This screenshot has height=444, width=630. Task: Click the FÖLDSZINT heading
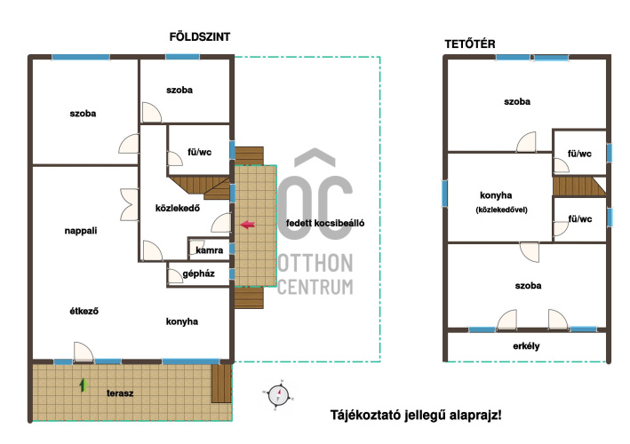(x=200, y=37)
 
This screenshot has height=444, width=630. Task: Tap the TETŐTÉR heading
(x=470, y=44)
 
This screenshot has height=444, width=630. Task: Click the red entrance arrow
(x=248, y=225)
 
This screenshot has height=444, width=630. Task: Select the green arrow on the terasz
(x=84, y=385)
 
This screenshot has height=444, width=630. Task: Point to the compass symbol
(x=278, y=395)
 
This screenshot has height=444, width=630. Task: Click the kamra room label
(x=210, y=250)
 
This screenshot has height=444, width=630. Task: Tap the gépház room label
(x=198, y=274)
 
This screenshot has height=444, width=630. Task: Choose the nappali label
(x=81, y=231)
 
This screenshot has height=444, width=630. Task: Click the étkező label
(x=84, y=311)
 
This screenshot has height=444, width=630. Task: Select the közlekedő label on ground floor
(x=178, y=208)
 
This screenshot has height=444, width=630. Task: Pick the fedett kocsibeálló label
(x=325, y=223)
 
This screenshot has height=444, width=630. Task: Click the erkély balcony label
(x=526, y=346)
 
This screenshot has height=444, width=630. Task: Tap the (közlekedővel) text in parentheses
(x=501, y=210)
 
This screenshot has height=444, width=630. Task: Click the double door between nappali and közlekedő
(x=130, y=205)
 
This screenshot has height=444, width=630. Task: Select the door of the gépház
(x=175, y=276)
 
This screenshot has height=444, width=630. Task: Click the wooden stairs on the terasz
(x=221, y=384)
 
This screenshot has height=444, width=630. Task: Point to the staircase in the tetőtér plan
(x=579, y=186)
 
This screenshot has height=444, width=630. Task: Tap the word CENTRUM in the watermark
(x=315, y=287)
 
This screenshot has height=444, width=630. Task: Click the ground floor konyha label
(x=182, y=321)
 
